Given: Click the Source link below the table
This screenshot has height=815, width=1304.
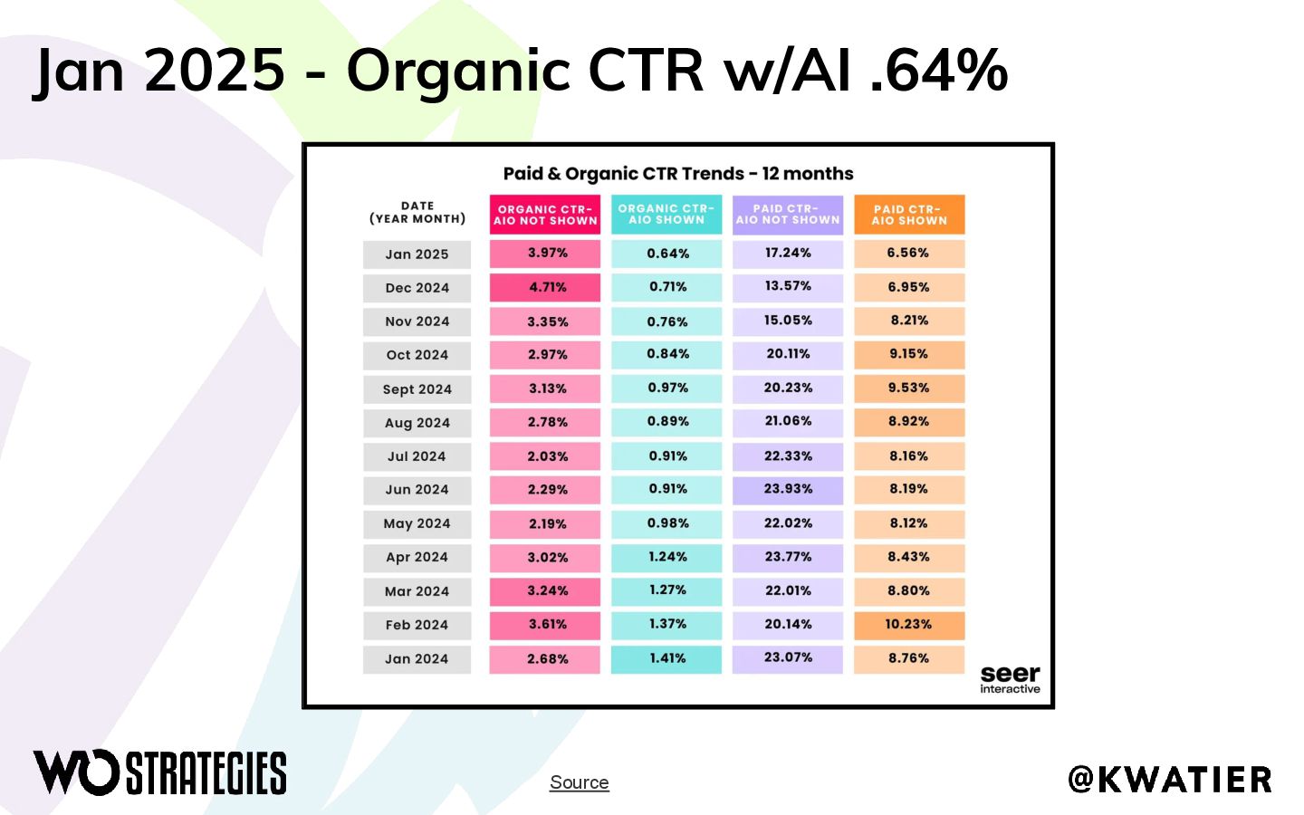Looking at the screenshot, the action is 580,782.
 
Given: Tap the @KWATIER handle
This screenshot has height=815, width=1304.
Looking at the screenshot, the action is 1170,780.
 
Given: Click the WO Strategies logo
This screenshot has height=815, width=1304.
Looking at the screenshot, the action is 159,772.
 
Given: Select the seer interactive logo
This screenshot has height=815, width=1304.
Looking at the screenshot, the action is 1010,680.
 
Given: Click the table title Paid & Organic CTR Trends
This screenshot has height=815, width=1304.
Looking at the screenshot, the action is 678,174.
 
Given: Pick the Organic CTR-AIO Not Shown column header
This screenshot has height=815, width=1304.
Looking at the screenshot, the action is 545,215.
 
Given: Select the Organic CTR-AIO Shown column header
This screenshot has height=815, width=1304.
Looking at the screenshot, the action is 666,215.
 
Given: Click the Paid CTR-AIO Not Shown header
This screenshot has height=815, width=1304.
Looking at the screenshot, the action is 788,215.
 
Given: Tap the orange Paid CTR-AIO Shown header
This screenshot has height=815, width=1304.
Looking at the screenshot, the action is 909,215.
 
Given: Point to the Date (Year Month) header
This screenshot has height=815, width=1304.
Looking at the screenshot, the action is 417,213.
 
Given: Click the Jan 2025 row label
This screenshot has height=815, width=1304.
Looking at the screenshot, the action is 417,254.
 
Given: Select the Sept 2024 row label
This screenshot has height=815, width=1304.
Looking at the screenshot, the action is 417,389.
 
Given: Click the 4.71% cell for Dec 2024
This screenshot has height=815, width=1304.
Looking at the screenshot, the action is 545,288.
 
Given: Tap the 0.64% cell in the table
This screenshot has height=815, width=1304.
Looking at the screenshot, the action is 666,254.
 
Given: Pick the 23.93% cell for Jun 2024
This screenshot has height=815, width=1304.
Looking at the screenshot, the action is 788,490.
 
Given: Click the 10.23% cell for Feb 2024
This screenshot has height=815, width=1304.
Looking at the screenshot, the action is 909,625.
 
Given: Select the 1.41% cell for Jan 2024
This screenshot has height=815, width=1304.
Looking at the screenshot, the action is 666,659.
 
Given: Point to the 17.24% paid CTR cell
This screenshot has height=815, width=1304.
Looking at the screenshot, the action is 788,254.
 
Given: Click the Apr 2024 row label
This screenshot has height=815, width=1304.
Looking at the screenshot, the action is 417,558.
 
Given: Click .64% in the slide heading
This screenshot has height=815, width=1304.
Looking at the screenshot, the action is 939,71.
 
